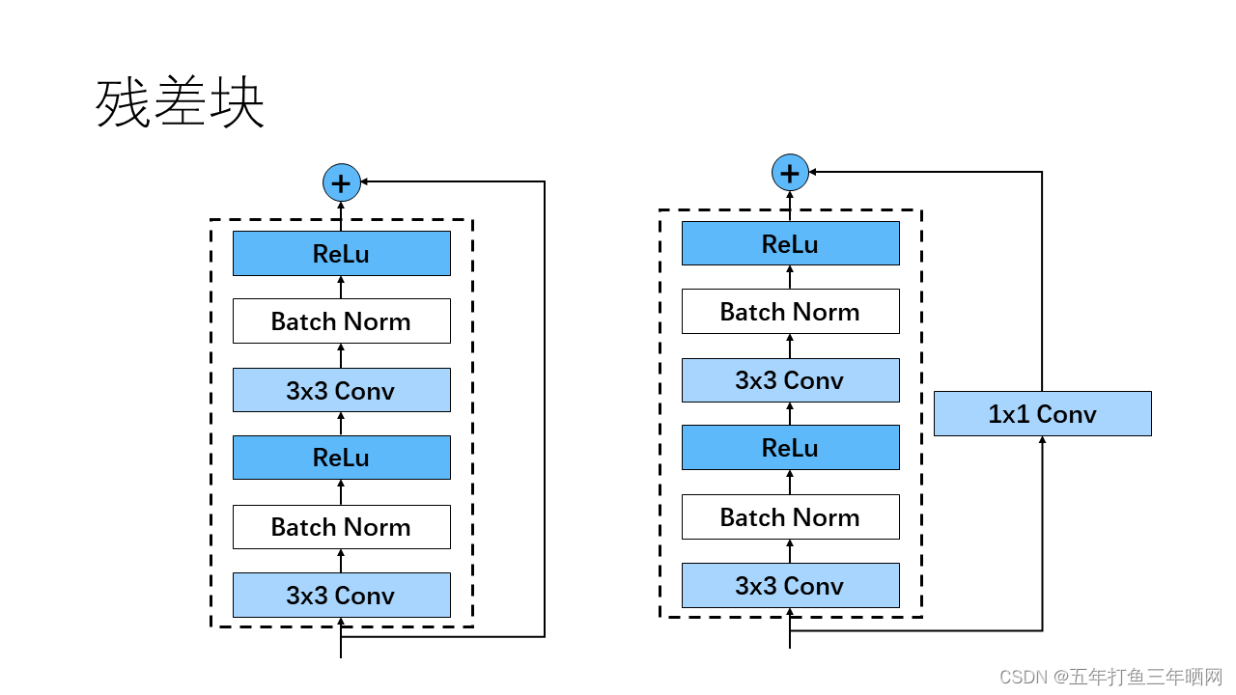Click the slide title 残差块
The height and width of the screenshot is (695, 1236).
click(180, 103)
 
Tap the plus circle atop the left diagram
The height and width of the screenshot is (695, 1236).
click(341, 181)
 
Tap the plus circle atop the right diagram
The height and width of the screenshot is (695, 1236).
click(790, 173)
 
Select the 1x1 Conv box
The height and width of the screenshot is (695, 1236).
click(1042, 414)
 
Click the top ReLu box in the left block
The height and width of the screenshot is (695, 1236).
click(341, 254)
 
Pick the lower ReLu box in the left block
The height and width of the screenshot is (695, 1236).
click(341, 458)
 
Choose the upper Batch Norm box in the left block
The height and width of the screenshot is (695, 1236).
click(341, 321)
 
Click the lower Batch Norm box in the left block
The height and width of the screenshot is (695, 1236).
click(341, 527)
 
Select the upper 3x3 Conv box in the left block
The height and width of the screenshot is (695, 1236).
click(341, 390)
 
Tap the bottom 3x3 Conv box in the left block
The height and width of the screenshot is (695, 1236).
click(341, 596)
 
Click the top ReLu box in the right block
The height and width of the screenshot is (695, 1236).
click(790, 243)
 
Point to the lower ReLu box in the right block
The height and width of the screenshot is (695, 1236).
click(790, 448)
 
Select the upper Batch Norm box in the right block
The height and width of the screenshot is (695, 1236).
click(790, 312)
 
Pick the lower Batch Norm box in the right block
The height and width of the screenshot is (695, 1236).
click(790, 517)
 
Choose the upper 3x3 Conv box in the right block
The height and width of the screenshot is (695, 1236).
click(790, 380)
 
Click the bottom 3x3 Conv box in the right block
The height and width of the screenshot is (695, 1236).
click(790, 586)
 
